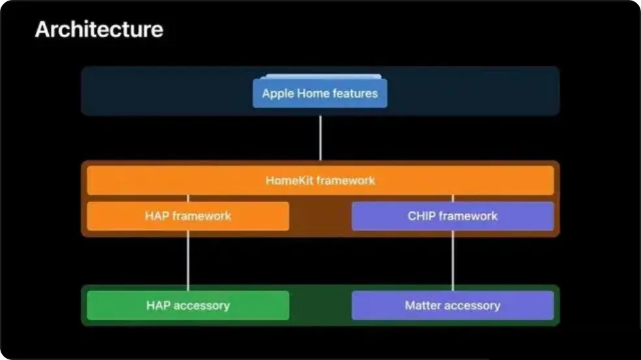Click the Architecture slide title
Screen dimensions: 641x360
coord(99,29)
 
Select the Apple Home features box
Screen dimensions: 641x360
coord(320,93)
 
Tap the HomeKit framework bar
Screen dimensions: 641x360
coord(320,180)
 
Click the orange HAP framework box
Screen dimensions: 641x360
coord(188,215)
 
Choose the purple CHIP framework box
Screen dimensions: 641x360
coord(453,215)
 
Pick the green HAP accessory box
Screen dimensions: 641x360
coord(188,305)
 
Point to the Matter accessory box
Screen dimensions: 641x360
coord(453,305)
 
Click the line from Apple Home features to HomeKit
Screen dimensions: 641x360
coord(320,138)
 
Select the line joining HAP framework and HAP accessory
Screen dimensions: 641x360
coord(188,260)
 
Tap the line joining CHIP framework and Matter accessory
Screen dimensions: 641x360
coord(453,260)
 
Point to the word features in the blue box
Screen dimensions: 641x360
coord(355,93)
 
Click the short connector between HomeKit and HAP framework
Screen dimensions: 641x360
coord(188,198)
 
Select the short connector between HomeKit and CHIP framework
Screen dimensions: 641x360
coord(453,198)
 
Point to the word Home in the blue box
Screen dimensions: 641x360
coord(313,93)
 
